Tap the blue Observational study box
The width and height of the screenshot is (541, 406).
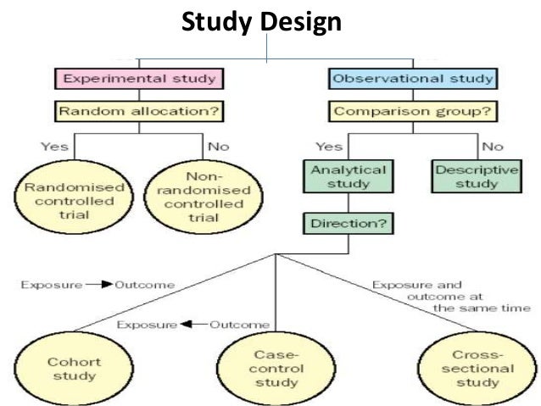point(413,80)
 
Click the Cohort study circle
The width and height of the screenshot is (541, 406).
point(62,368)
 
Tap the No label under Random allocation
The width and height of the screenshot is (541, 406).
point(219,147)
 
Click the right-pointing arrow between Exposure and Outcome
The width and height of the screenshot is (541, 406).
point(99,285)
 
